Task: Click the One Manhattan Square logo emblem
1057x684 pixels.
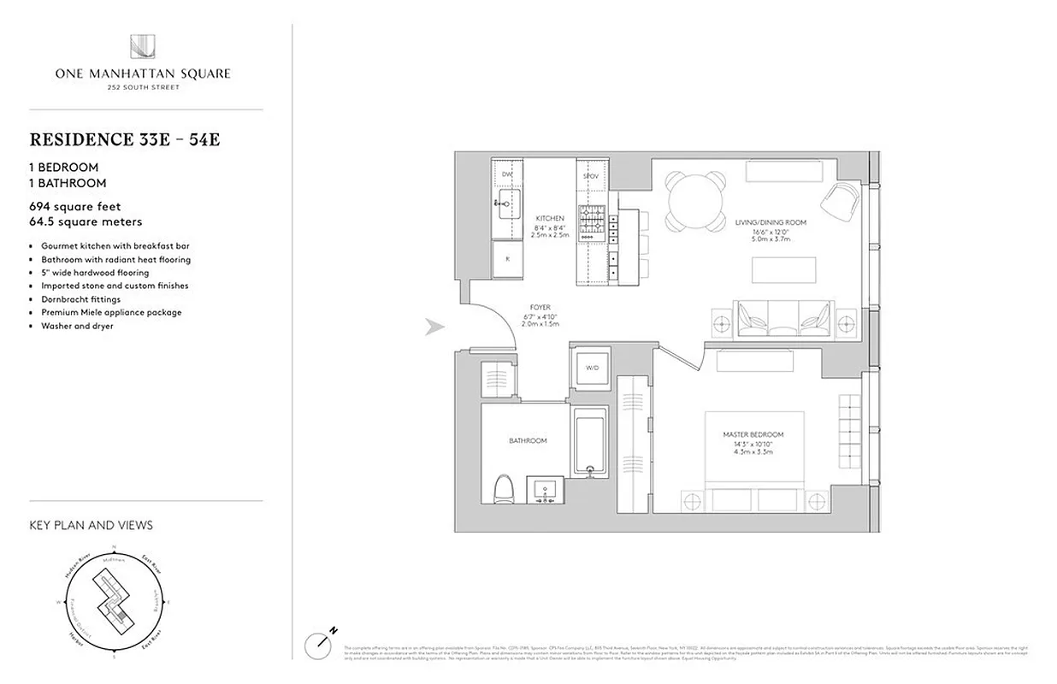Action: [x=143, y=47]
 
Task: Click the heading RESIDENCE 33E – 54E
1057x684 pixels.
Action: [x=125, y=139]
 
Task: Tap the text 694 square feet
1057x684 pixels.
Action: [x=75, y=207]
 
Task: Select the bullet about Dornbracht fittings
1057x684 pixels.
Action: [x=81, y=299]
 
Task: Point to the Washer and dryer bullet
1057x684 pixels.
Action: [x=77, y=326]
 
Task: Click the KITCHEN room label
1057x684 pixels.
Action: [x=550, y=219]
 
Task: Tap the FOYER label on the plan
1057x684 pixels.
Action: [x=540, y=307]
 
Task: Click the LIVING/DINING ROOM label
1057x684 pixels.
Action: [x=771, y=222]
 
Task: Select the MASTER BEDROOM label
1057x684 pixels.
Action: [x=753, y=434]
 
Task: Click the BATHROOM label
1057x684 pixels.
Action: [x=528, y=440]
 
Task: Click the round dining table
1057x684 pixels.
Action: [x=697, y=201]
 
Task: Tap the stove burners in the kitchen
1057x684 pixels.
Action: [x=590, y=222]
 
